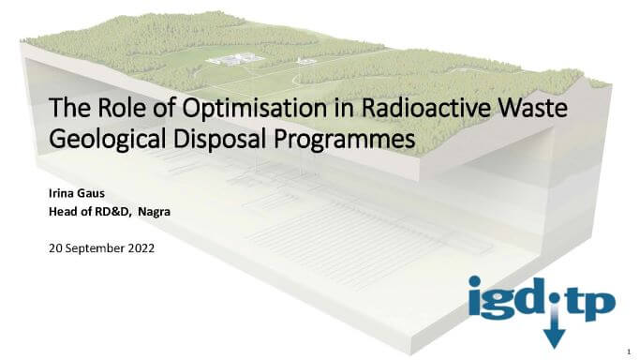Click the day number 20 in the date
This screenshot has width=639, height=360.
[54, 248]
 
